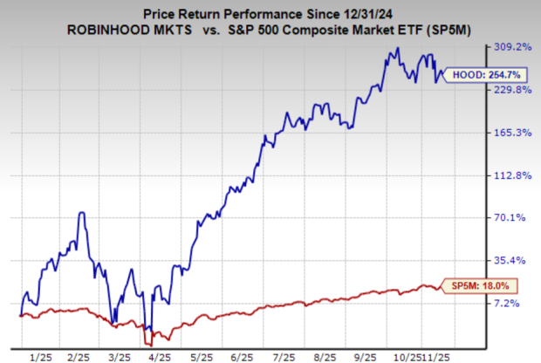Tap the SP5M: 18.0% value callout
click(x=476, y=284)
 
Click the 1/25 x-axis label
click(x=39, y=357)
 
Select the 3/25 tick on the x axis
click(x=120, y=357)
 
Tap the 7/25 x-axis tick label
click(x=282, y=357)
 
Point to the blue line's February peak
click(x=81, y=212)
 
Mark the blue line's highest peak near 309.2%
click(x=397, y=49)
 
